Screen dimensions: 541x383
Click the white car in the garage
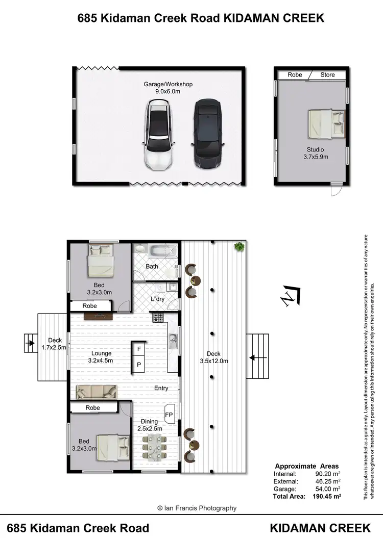tap(159, 135)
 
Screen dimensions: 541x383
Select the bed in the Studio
tap(326, 124)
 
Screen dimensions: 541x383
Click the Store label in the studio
tap(327, 75)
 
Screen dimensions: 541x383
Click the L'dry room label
tap(157, 299)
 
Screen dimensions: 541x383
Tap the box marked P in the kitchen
tap(139, 364)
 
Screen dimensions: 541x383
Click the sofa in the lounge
tap(96, 392)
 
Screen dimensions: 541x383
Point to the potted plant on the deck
tap(238, 247)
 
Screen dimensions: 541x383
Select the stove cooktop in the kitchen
tap(158, 318)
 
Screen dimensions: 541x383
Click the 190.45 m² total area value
tap(326, 496)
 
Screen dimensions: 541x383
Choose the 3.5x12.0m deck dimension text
tap(213, 361)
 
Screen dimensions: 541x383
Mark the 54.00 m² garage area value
tap(326, 488)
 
